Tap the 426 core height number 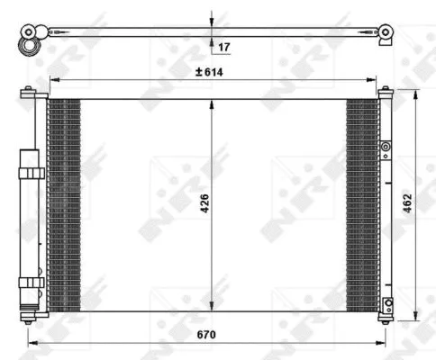(x=206, y=204)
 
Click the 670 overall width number (x=207, y=334)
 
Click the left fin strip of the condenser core (x=63, y=204)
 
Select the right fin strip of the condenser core (x=362, y=204)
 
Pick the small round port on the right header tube (x=386, y=146)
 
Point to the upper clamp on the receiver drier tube (x=31, y=173)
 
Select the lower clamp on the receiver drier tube (x=31, y=282)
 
